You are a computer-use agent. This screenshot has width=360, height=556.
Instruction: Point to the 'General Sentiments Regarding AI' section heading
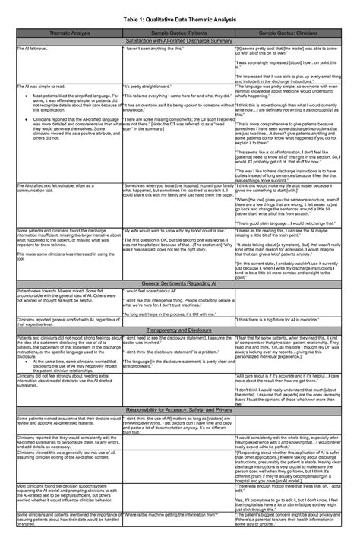tap(180, 281)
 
